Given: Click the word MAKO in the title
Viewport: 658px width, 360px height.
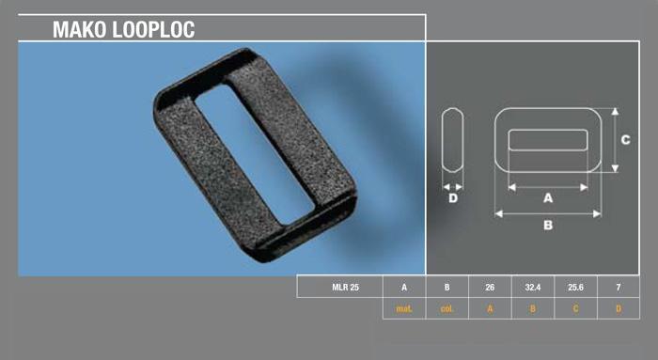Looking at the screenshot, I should pos(83,29).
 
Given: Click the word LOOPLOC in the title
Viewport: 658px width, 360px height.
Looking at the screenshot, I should pos(156,29).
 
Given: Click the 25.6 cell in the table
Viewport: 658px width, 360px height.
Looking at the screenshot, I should pos(574,287).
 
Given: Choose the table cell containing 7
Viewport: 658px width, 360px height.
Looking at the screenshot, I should pos(617,287).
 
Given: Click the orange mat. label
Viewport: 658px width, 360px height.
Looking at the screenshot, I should pos(404,308).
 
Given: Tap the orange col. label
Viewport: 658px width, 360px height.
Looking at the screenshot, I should pos(446,308).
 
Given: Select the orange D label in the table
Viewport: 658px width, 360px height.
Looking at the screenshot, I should pos(617,308).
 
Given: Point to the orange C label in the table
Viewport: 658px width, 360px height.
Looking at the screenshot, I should pos(574,308).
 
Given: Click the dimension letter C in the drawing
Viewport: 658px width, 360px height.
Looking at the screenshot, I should pos(626,139).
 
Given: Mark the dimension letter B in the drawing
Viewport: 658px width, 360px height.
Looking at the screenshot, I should pos(547,226).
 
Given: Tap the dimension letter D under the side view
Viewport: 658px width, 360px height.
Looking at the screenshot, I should pos(452,198).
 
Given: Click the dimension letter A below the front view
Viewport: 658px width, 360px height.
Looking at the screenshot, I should pos(547,198).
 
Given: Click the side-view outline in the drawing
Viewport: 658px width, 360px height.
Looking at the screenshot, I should pos(452,140).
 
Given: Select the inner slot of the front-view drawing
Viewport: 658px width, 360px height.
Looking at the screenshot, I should pos(547,140).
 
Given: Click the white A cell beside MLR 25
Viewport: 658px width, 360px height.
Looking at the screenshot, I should pos(404,287).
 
